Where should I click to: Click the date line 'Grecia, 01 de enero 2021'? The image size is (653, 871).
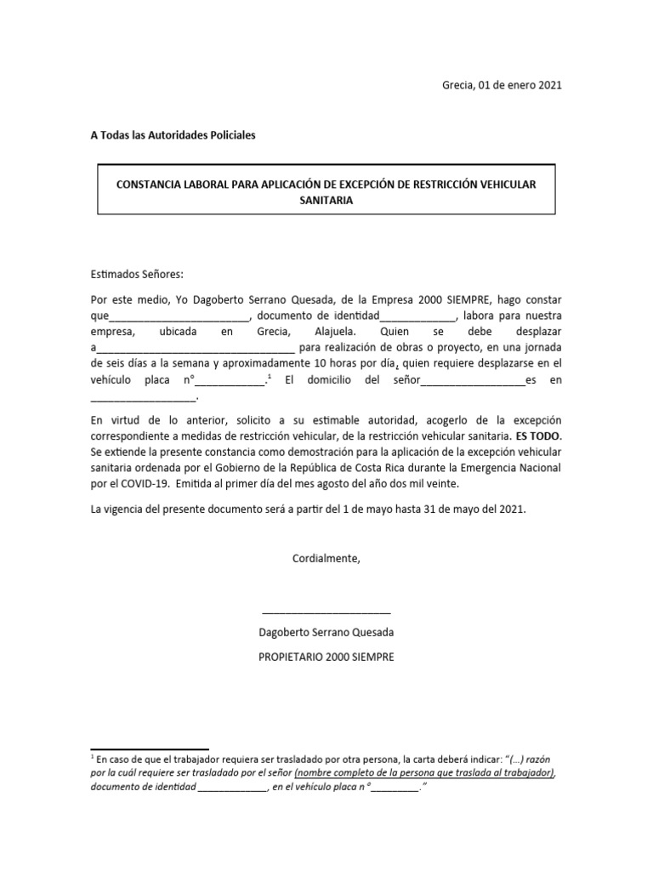point(502,85)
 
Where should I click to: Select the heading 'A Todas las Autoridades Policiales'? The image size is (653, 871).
point(173,135)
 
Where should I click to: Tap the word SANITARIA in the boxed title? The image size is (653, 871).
point(326,201)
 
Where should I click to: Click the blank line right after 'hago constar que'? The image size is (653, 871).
point(179,316)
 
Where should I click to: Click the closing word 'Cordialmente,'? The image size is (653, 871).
point(326,559)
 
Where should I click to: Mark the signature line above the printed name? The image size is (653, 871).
point(326,612)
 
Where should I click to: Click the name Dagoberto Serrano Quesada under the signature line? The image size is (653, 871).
point(326,634)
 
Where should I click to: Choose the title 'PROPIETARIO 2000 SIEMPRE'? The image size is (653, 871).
point(326,658)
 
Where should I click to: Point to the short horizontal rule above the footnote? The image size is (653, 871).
point(150,750)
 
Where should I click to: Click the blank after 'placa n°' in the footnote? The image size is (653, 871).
point(395,788)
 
